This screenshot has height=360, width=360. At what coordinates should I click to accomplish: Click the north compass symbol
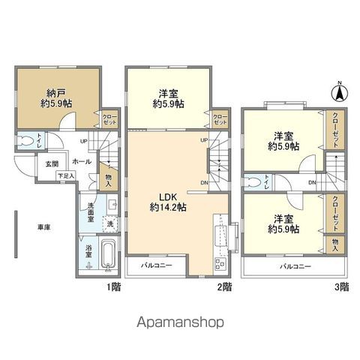click(338, 93)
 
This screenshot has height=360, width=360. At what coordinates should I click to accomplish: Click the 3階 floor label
click(341, 286)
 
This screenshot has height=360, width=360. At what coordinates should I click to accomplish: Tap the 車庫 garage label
click(45, 226)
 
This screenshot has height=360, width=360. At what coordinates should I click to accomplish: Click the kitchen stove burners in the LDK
click(220, 263)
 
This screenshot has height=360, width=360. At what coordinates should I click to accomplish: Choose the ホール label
click(82, 161)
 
